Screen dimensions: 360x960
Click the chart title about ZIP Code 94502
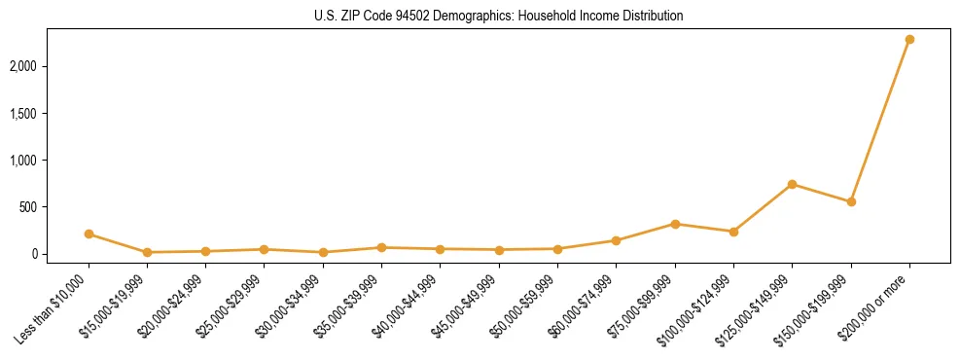click(499, 16)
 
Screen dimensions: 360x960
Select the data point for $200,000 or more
click(909, 39)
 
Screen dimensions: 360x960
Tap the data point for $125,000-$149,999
click(793, 184)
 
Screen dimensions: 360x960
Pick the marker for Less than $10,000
click(89, 234)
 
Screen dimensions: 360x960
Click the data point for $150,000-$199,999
click(851, 201)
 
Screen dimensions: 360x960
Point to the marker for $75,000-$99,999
click(675, 224)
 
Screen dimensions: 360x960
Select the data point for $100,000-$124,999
click(733, 232)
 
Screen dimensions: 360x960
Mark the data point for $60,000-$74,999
click(617, 240)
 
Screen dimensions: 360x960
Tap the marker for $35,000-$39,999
click(382, 247)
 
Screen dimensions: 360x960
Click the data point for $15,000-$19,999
click(147, 252)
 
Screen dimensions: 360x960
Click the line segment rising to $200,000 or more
click(880, 121)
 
